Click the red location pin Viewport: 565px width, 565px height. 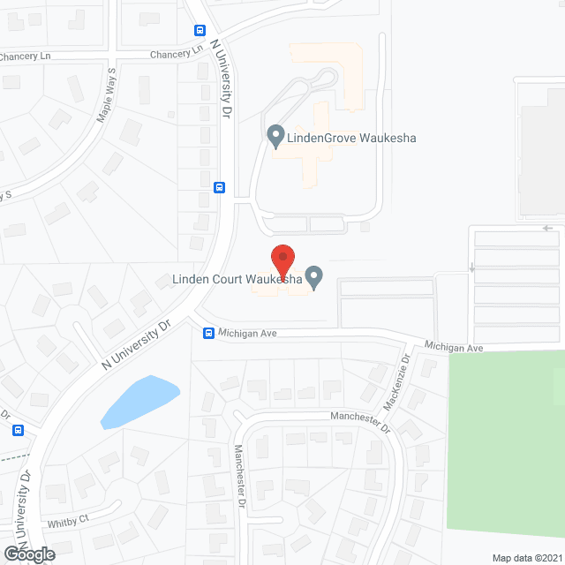282,259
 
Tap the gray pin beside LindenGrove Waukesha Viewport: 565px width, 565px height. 275,137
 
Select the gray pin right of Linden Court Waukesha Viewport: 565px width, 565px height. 313,277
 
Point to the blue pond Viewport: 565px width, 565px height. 139,400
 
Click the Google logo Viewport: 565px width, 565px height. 28,554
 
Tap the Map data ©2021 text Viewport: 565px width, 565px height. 525,557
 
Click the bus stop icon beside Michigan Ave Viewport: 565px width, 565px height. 208,333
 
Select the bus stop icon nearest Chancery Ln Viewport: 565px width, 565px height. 200,30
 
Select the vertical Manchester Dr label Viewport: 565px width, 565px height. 239,473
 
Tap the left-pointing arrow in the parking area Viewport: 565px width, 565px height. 549,227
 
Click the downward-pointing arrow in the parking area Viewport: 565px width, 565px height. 471,267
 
